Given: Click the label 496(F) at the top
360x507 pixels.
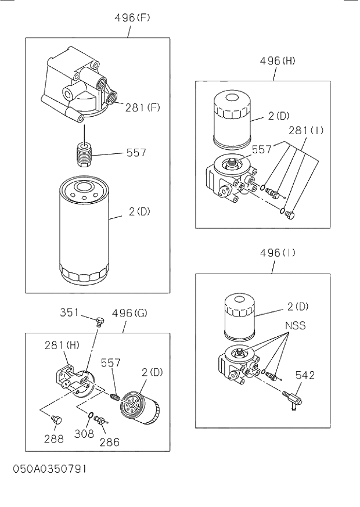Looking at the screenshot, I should (132, 17).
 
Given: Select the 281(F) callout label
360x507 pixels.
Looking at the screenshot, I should (142, 107).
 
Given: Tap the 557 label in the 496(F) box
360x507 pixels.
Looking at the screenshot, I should (136, 153).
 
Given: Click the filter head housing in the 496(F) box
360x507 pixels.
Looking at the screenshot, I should (78, 87).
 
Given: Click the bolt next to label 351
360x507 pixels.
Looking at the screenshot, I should (100, 321).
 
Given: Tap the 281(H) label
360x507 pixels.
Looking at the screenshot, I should (62, 345).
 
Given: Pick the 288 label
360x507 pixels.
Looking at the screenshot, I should (53, 438).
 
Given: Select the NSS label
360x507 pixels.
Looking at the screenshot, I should (295, 326).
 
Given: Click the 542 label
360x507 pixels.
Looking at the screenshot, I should (305, 375).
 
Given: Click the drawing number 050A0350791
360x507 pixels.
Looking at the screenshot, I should (49, 468).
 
